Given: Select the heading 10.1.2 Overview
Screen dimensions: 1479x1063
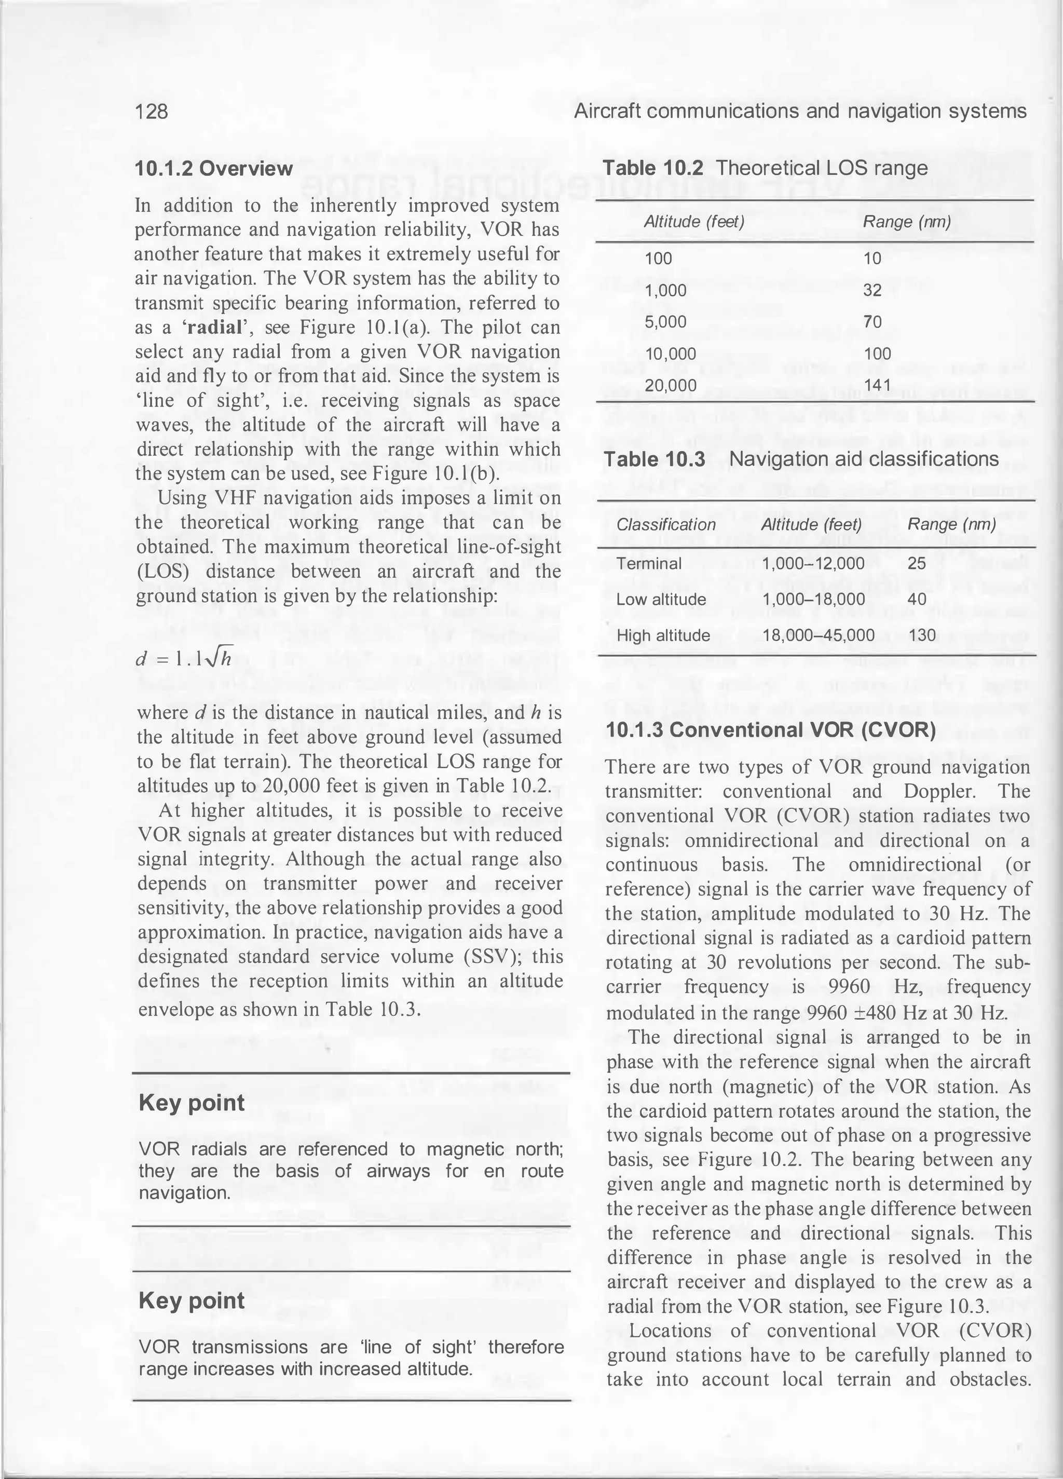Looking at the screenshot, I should pos(213,169).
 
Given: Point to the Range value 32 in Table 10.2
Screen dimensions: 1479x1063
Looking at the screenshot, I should pos(872,290).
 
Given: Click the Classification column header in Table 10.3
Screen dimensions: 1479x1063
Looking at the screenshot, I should pos(666,524).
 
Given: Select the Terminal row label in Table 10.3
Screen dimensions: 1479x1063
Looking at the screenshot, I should pos(649,563).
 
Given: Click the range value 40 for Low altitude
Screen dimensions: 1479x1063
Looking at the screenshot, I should pos(916,599).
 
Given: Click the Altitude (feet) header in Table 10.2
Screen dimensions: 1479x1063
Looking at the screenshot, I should pos(694,222).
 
